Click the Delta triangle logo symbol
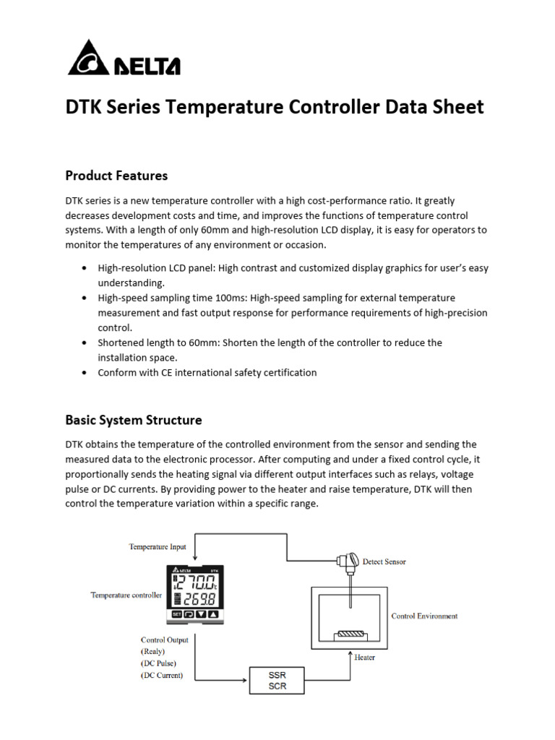point(88,58)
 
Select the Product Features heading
point(116,176)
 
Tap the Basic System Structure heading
point(134,420)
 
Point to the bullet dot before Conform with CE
point(85,373)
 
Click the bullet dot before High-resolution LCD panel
point(85,268)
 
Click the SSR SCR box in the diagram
point(277,681)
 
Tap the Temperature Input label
point(158,547)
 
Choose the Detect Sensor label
point(384,562)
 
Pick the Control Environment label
point(424,616)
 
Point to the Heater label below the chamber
point(365,658)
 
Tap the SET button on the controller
point(176,614)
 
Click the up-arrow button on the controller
point(212,614)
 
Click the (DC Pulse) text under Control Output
point(158,663)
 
